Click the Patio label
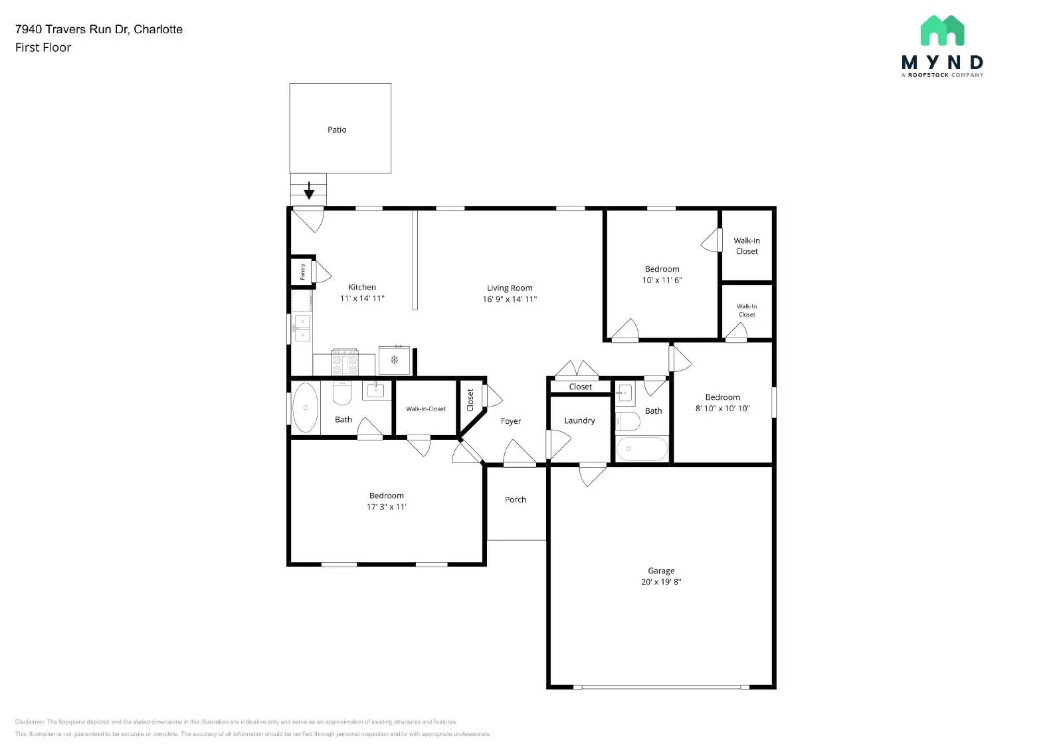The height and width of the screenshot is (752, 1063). coord(337,130)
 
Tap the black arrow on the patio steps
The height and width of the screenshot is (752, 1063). coord(309,191)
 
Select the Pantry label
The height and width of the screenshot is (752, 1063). coord(302,271)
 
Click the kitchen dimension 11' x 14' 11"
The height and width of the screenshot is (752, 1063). coord(362,298)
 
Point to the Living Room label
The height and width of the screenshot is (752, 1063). coord(510,288)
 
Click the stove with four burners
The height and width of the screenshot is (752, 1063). coord(345,363)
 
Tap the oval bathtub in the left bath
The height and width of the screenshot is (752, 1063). coord(306,407)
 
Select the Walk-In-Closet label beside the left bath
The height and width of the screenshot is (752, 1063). coord(426,409)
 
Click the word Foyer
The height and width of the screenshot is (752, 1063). coord(511,421)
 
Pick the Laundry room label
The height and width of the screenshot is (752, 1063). coord(579,421)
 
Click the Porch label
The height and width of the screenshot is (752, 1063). coord(516,500)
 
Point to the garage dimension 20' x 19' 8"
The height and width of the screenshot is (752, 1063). coord(661,582)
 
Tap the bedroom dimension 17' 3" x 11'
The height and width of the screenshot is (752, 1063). coord(387,507)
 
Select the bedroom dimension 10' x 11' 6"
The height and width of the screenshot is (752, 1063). coord(662,280)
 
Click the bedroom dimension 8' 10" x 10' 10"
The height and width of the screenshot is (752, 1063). coord(723,409)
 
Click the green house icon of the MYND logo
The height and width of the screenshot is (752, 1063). coord(942,31)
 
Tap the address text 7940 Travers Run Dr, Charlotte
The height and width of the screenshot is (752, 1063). coord(99,29)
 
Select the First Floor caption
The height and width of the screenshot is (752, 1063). coord(43,48)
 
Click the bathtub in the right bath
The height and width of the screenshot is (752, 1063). coord(642,449)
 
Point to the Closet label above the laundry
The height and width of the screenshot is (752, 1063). coord(580,387)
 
